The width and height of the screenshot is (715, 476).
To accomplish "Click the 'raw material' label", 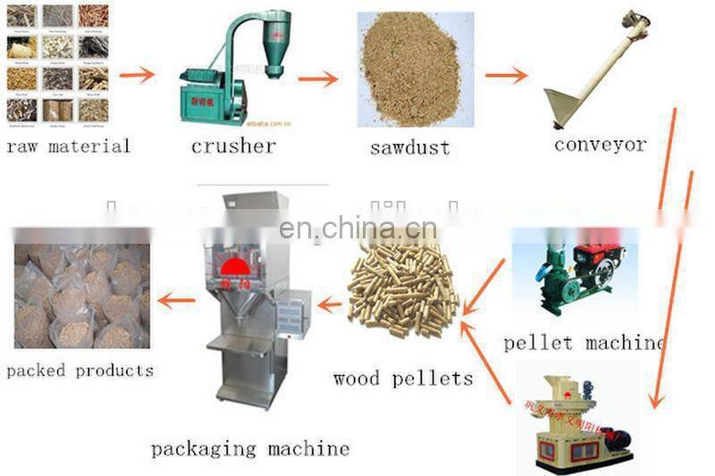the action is tap(68, 146).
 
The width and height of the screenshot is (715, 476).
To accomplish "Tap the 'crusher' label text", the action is tap(233, 146).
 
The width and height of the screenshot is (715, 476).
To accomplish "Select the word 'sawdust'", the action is tap(411, 146).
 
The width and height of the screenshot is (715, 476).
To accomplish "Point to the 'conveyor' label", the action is tap(600, 145).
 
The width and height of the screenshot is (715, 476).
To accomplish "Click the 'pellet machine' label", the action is tap(584, 343).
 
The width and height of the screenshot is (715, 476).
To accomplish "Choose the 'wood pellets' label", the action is tap(402, 379).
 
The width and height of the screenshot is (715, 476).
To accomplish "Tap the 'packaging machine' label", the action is tap(249, 448).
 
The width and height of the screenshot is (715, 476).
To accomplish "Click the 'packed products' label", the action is tap(80, 371).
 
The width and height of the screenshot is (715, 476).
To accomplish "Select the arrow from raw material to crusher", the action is tap(137, 75).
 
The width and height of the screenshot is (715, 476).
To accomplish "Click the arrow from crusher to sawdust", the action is tap(318, 79).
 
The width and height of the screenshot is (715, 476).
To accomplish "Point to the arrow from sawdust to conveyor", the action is tap(506, 76).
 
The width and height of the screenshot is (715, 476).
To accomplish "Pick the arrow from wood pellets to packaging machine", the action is tap(330, 305).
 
